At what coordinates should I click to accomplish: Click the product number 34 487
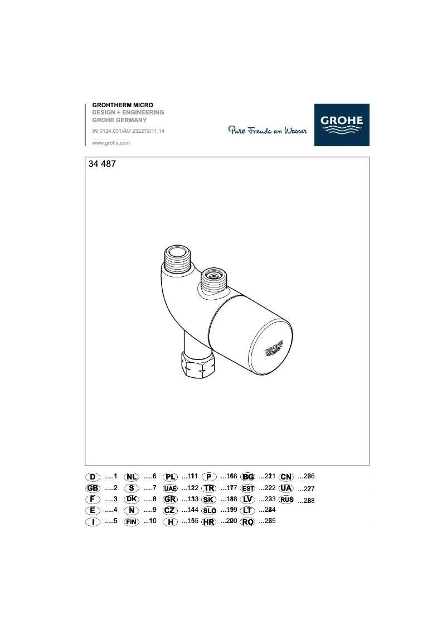coord(102,165)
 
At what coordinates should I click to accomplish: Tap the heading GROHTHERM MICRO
coord(122,104)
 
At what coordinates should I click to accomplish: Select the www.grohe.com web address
coord(110,143)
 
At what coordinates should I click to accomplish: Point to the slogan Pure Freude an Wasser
coord(267,131)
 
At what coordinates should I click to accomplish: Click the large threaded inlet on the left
coord(178,258)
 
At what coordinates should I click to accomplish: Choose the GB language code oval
coord(92,488)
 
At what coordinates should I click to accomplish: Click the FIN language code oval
coord(131,522)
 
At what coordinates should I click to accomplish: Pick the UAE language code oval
coord(170,488)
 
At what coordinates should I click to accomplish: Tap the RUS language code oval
coord(286,500)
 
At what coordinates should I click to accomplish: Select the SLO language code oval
coord(209,511)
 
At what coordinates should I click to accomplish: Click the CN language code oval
coord(286,477)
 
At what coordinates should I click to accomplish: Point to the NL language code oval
coord(131,477)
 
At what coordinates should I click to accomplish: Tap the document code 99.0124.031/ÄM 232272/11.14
coord(128,131)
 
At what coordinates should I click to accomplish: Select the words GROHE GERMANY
coord(119,120)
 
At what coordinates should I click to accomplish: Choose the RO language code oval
coord(247,522)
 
